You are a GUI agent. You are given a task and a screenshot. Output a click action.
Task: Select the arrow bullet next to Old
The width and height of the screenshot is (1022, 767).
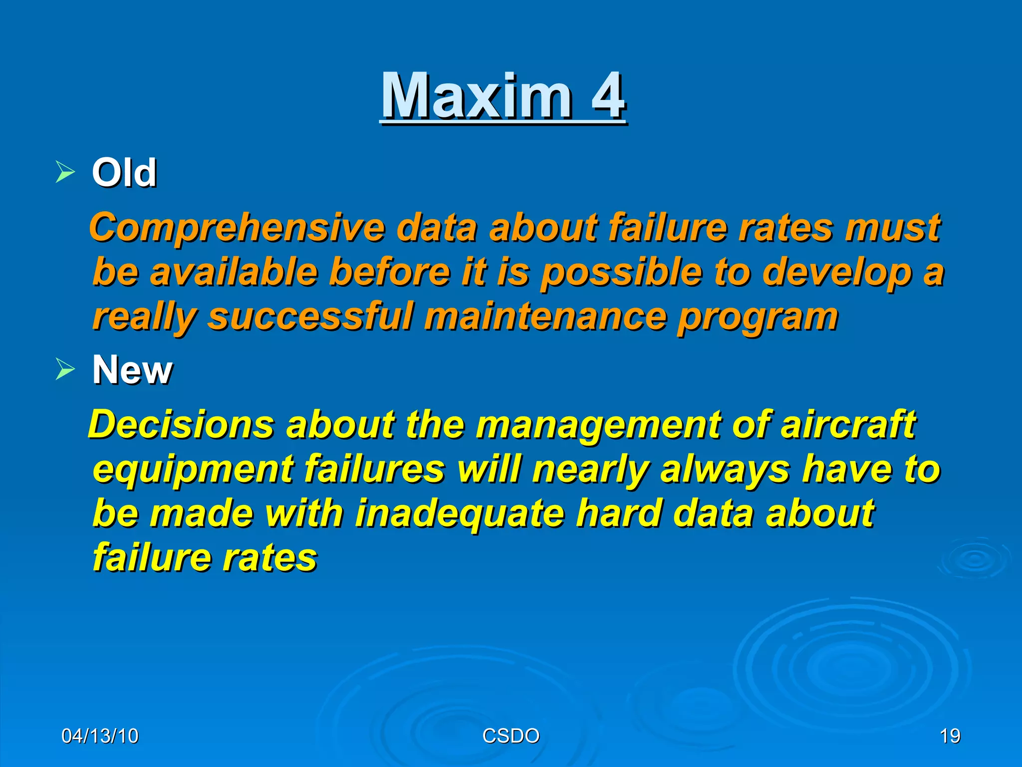[65, 172]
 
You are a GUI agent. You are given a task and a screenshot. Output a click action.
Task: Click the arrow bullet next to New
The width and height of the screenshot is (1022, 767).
[65, 370]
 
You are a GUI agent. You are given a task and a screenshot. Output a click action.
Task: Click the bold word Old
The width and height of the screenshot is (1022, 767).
[124, 172]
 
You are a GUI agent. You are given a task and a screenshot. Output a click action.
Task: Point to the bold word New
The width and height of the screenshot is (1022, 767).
[132, 370]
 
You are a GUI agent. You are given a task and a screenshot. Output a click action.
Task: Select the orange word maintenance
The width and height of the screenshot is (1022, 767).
[545, 317]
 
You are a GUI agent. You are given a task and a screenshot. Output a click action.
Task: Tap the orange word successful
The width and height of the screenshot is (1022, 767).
[310, 317]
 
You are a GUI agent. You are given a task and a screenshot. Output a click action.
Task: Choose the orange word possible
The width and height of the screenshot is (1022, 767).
[622, 273]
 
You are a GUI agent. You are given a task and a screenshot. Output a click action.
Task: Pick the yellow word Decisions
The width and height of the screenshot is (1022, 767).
[181, 424]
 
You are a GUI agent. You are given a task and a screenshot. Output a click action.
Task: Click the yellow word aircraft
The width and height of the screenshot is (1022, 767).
[848, 424]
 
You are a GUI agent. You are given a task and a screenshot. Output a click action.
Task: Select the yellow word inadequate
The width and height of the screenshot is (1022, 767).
[460, 514]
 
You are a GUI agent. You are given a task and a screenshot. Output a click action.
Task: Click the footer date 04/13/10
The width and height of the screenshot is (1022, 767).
[100, 736]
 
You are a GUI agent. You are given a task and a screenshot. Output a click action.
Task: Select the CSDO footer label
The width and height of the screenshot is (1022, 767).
[511, 736]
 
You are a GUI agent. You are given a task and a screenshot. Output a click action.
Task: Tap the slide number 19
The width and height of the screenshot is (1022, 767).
[950, 736]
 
